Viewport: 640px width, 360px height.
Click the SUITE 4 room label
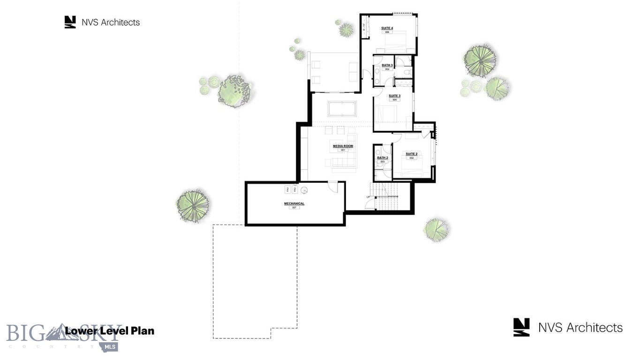coord(387,28)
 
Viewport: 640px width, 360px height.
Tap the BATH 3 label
coord(387,65)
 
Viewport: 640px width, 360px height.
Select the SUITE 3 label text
coord(394,96)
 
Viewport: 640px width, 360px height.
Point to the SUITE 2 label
coord(411,154)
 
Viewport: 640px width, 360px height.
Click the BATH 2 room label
coord(382,157)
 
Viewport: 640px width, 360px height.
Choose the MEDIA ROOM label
coord(343,146)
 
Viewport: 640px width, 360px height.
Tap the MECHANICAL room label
coord(294,203)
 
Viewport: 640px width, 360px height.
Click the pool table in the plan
coord(342,109)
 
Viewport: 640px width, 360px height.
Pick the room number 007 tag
coord(294,208)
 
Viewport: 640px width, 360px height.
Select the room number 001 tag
coord(343,150)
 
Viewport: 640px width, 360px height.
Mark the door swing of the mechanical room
coord(332,186)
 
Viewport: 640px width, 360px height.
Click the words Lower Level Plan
coord(109,331)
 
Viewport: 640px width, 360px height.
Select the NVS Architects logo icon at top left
coord(70,22)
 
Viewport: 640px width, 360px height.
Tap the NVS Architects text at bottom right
coord(580,328)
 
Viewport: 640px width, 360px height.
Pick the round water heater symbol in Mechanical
coord(304,190)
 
